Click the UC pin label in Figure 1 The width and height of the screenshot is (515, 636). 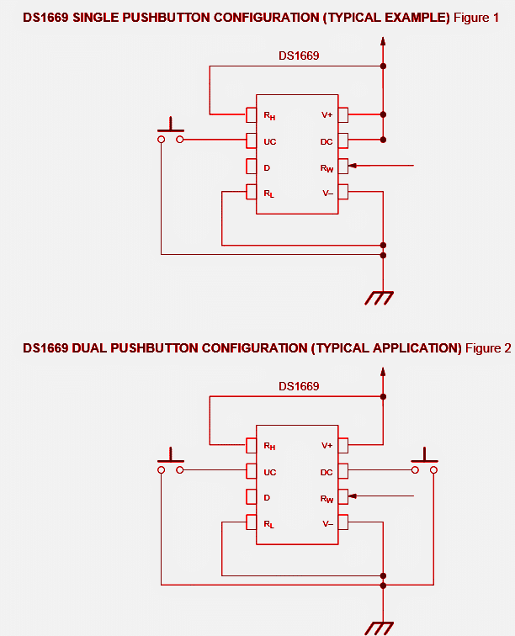[269, 141]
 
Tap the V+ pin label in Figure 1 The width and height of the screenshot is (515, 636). [327, 114]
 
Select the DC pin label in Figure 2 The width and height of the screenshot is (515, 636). [327, 472]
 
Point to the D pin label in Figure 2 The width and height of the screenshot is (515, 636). [267, 497]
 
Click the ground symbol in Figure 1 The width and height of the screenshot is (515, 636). [380, 297]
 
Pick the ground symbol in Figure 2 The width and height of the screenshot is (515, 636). [379, 628]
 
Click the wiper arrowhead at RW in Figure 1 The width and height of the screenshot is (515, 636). [351, 166]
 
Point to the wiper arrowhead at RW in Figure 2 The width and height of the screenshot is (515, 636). [351, 496]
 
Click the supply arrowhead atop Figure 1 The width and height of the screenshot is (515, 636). [384, 41]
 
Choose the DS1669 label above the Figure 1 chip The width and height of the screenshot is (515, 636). [299, 56]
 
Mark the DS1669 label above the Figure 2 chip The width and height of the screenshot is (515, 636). [299, 386]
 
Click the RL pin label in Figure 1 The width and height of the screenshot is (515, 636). [269, 194]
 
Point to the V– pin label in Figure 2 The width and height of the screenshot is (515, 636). [327, 523]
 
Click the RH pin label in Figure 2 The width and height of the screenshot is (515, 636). [269, 446]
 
